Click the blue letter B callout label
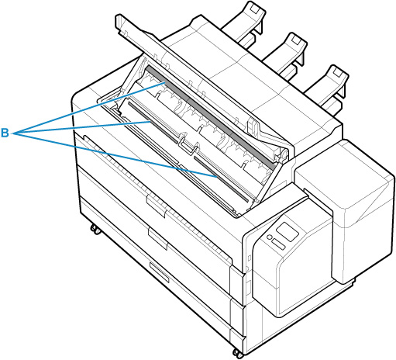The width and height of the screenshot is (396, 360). (5, 133)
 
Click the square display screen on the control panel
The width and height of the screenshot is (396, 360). (287, 230)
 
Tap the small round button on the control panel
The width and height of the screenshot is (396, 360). (269, 237)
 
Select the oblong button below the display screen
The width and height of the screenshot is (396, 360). (278, 244)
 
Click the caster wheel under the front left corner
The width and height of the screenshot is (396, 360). (95, 229)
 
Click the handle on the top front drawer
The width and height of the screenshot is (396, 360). (157, 206)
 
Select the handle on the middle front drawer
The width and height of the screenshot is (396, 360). (157, 239)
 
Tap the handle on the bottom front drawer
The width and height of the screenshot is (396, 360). (159, 272)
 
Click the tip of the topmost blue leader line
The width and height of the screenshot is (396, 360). (165, 83)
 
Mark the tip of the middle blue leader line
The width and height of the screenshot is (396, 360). (150, 121)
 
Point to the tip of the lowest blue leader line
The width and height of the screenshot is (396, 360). (216, 177)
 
